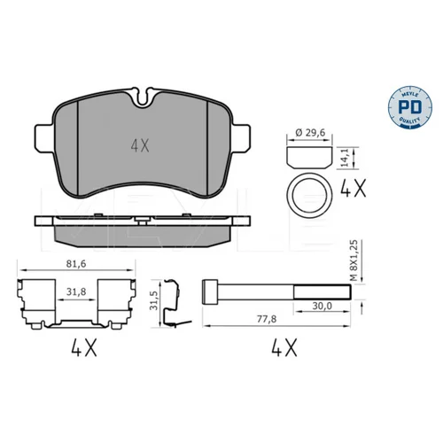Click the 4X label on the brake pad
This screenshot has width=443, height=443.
tap(140, 146)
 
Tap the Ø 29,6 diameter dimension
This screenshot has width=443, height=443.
tap(310, 133)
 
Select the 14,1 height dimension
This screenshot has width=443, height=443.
tap(345, 158)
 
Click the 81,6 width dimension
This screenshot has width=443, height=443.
tap(76, 264)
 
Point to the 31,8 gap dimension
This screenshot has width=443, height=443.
tap(76, 291)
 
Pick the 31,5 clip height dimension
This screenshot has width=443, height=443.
tap(153, 300)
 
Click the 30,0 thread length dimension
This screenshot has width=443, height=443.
tap(323, 306)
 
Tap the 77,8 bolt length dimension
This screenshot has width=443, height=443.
tap(267, 319)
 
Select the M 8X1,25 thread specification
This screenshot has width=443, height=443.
tap(354, 260)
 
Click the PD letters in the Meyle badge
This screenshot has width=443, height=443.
tap(410, 107)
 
